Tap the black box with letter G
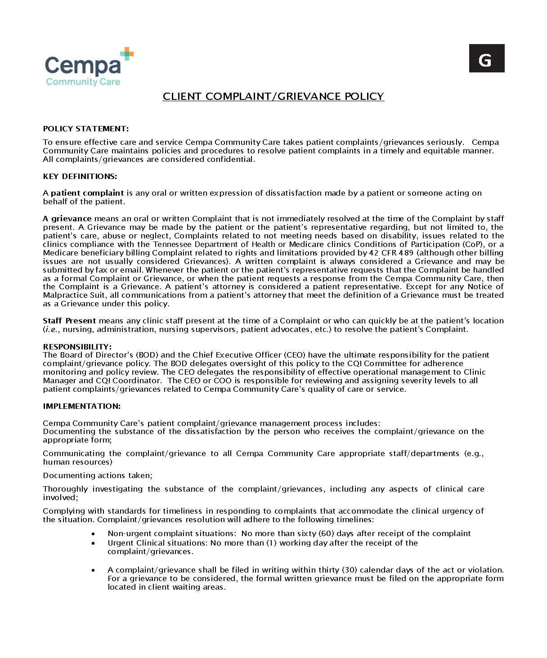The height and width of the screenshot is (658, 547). pyautogui.click(x=486, y=58)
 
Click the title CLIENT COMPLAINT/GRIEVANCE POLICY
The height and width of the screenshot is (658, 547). pyautogui.click(x=273, y=97)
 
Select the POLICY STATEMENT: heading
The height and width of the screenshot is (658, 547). pyautogui.click(x=85, y=129)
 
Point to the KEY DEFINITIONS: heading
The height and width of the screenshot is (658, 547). pyautogui.click(x=80, y=176)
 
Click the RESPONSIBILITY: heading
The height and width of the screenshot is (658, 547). pyautogui.click(x=77, y=347)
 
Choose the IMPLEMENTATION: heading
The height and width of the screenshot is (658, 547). pyautogui.click(x=81, y=406)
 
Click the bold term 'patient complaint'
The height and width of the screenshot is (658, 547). pyautogui.click(x=87, y=193)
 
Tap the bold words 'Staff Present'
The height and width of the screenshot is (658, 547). pyautogui.click(x=69, y=321)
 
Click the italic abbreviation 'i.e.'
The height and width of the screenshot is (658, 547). pyautogui.click(x=52, y=330)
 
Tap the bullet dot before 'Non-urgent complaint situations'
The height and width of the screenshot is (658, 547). pyautogui.click(x=93, y=534)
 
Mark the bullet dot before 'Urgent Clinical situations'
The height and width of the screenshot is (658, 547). pyautogui.click(x=93, y=543)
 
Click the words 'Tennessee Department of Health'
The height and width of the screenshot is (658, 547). pyautogui.click(x=214, y=244)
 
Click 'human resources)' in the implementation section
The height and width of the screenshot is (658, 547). pyautogui.click(x=77, y=462)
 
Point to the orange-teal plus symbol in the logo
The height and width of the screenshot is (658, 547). pyautogui.click(x=127, y=54)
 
